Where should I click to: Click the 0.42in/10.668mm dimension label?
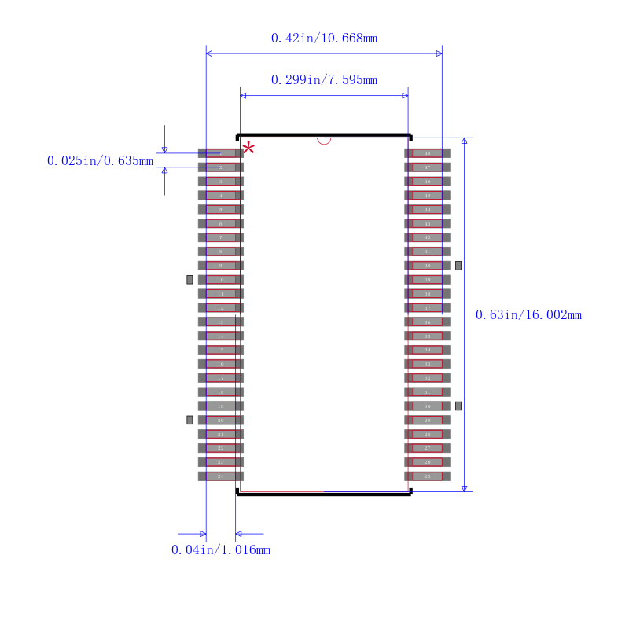[x=324, y=38]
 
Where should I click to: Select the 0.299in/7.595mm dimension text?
[x=324, y=80]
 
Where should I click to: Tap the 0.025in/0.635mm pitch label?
[x=100, y=161]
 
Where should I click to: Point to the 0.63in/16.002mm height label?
[x=528, y=315]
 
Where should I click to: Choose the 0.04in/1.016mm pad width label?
[x=220, y=550]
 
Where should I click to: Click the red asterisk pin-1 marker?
[x=248, y=148]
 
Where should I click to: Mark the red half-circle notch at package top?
[x=324, y=141]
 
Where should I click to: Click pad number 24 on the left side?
[x=220, y=476]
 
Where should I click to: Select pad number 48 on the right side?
[x=428, y=153]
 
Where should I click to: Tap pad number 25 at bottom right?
[x=428, y=476]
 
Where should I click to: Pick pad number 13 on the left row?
[x=220, y=322]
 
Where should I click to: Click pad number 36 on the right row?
[x=428, y=322]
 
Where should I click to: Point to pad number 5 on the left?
[x=220, y=210]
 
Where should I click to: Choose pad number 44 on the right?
[x=428, y=210]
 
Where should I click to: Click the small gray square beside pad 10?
[x=189, y=280]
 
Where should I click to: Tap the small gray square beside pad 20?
[x=189, y=420]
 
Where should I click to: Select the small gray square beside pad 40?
[x=458, y=266]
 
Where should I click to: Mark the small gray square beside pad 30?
[x=458, y=406]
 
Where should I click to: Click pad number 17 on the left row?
[x=220, y=378]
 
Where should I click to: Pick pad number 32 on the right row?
[x=428, y=378]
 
